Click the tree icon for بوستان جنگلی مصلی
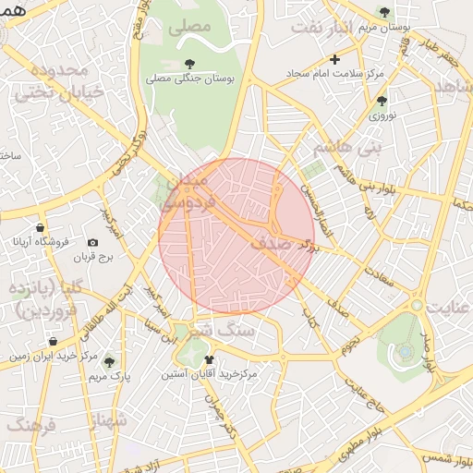point(190,64)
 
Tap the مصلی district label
point(189,28)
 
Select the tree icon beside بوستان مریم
point(384,12)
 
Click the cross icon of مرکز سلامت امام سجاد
point(335,59)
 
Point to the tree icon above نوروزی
point(382,100)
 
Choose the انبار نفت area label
point(330,28)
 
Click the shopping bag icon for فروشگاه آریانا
point(40,226)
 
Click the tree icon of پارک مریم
point(110,361)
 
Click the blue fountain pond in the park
point(405,352)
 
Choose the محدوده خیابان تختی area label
point(57,79)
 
